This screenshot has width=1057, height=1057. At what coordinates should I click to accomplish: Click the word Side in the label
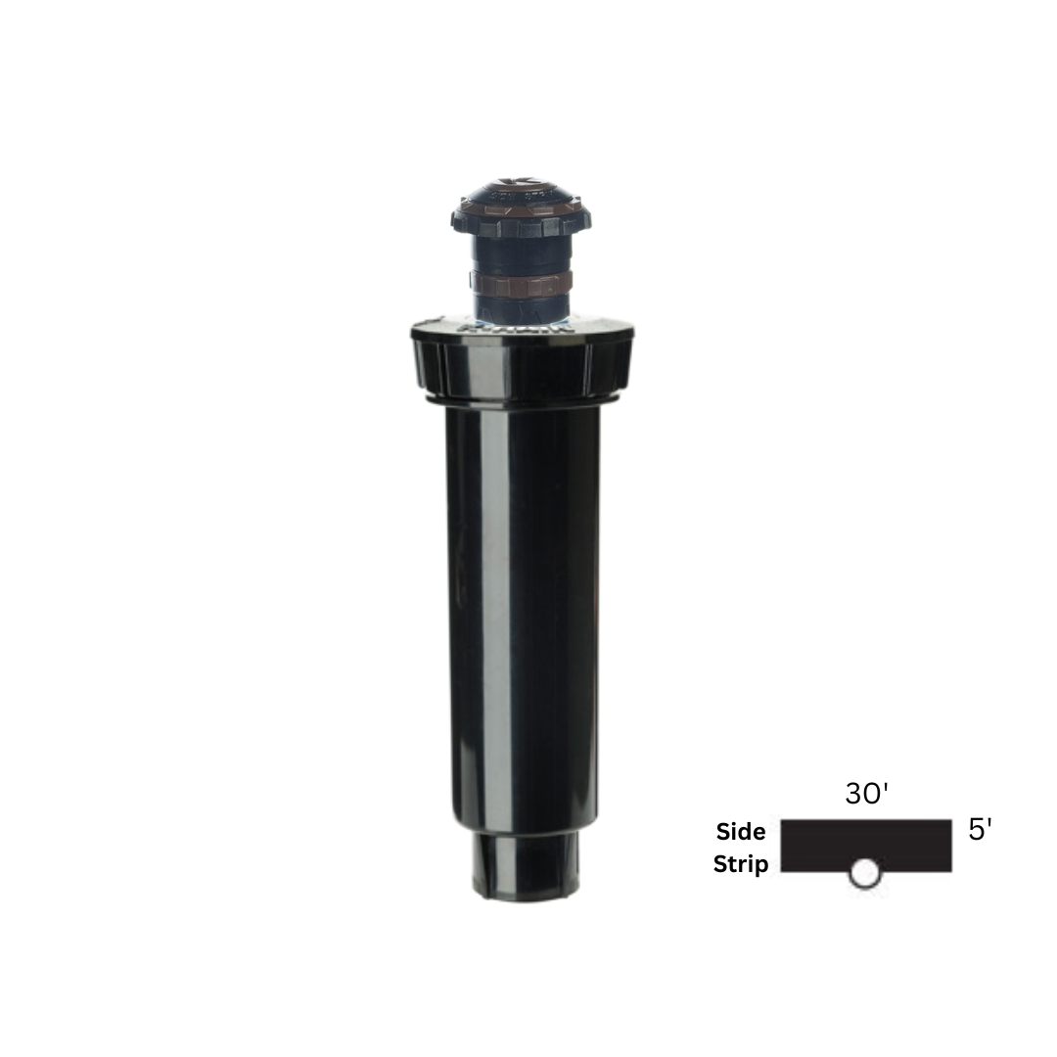[x=741, y=832]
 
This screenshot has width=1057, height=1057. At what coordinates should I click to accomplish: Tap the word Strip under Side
[x=741, y=865]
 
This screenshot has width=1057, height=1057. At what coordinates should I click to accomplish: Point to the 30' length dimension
[x=866, y=794]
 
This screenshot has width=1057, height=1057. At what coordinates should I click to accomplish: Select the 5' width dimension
[x=980, y=831]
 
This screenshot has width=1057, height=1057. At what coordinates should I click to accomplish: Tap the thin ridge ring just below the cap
[x=522, y=400]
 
